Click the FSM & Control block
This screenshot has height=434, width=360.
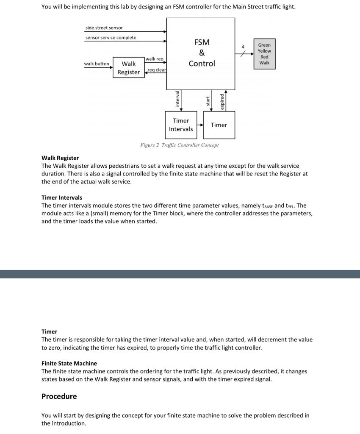201,53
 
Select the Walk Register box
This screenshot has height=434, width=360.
128,68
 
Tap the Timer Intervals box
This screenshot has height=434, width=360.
181,125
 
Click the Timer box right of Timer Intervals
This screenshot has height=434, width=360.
219,125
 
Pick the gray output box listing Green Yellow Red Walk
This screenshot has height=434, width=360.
264,54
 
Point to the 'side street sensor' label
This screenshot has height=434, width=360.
104,28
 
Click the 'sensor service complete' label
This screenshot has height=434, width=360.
111,38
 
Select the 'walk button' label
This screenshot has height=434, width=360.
97,64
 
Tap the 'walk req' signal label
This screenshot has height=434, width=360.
154,59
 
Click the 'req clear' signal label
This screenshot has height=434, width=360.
157,70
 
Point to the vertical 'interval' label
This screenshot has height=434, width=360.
177,99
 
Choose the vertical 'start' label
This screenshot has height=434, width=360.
208,101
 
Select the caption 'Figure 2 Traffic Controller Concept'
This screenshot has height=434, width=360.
180,145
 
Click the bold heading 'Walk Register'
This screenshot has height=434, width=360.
60,158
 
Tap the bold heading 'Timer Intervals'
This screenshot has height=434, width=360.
62,198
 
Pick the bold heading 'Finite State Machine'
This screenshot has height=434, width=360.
69,363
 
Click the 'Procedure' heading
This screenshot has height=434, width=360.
59,396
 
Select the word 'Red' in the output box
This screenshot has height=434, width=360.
264,57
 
